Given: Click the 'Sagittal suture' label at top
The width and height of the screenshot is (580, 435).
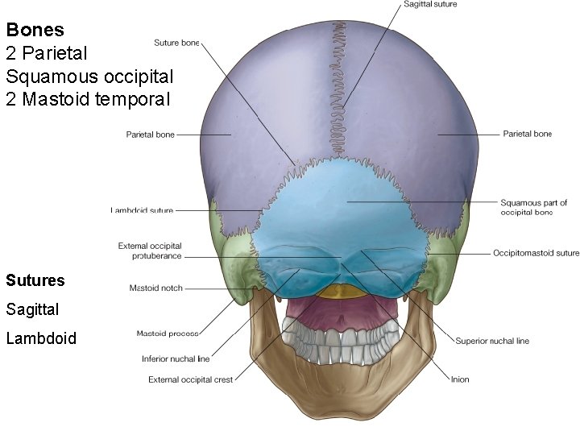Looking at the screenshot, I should (x=429, y=5).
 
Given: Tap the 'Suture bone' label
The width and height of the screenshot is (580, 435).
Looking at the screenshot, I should (x=176, y=43).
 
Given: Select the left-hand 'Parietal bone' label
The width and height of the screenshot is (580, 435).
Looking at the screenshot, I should (x=150, y=135).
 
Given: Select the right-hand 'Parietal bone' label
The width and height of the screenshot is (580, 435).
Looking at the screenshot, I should (x=527, y=134).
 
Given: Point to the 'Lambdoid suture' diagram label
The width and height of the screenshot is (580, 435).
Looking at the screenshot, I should (x=142, y=210).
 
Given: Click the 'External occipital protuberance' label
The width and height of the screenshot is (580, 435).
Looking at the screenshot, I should (x=150, y=251).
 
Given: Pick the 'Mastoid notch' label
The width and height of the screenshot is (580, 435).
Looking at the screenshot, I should (x=155, y=288).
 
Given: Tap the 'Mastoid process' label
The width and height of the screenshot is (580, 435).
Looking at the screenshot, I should (x=168, y=333).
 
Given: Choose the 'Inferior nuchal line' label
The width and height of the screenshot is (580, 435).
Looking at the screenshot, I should (x=176, y=359).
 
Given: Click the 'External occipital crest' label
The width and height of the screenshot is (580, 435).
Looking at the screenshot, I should (x=190, y=379).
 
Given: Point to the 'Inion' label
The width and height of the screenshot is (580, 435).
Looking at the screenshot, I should (x=460, y=379).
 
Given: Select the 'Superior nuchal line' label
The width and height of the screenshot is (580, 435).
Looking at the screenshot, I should (x=492, y=341).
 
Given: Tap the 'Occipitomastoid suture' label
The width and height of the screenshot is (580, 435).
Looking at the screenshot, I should (x=536, y=253).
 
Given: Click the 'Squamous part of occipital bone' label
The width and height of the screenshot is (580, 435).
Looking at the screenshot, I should (x=533, y=207).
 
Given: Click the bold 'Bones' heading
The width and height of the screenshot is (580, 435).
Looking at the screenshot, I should (x=35, y=31).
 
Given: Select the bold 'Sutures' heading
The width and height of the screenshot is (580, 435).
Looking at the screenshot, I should (x=35, y=281).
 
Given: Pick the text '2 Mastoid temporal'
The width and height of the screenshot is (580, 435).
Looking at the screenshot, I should (x=88, y=100).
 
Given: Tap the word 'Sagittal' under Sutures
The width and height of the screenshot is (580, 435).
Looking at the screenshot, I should (x=32, y=309).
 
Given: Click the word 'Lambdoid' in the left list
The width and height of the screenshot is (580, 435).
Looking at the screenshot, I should (x=40, y=338).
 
